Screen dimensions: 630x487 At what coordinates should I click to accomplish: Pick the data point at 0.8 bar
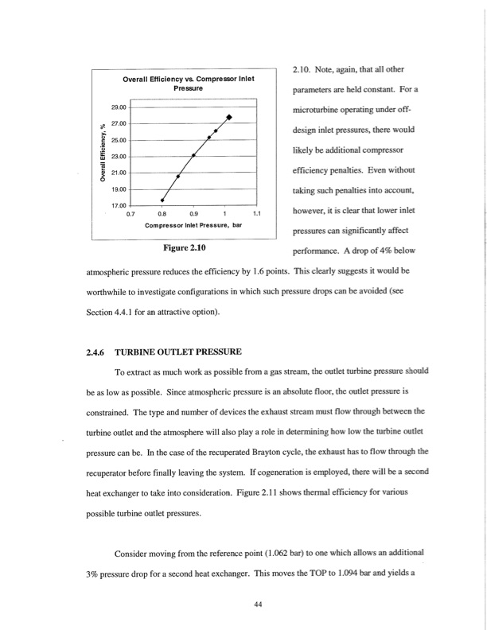[x=162, y=200]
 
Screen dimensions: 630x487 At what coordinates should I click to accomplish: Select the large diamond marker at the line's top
[x=229, y=118]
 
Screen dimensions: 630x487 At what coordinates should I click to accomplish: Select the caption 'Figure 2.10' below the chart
[x=186, y=248]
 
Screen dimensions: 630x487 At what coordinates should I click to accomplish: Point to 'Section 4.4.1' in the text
[x=100, y=309]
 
